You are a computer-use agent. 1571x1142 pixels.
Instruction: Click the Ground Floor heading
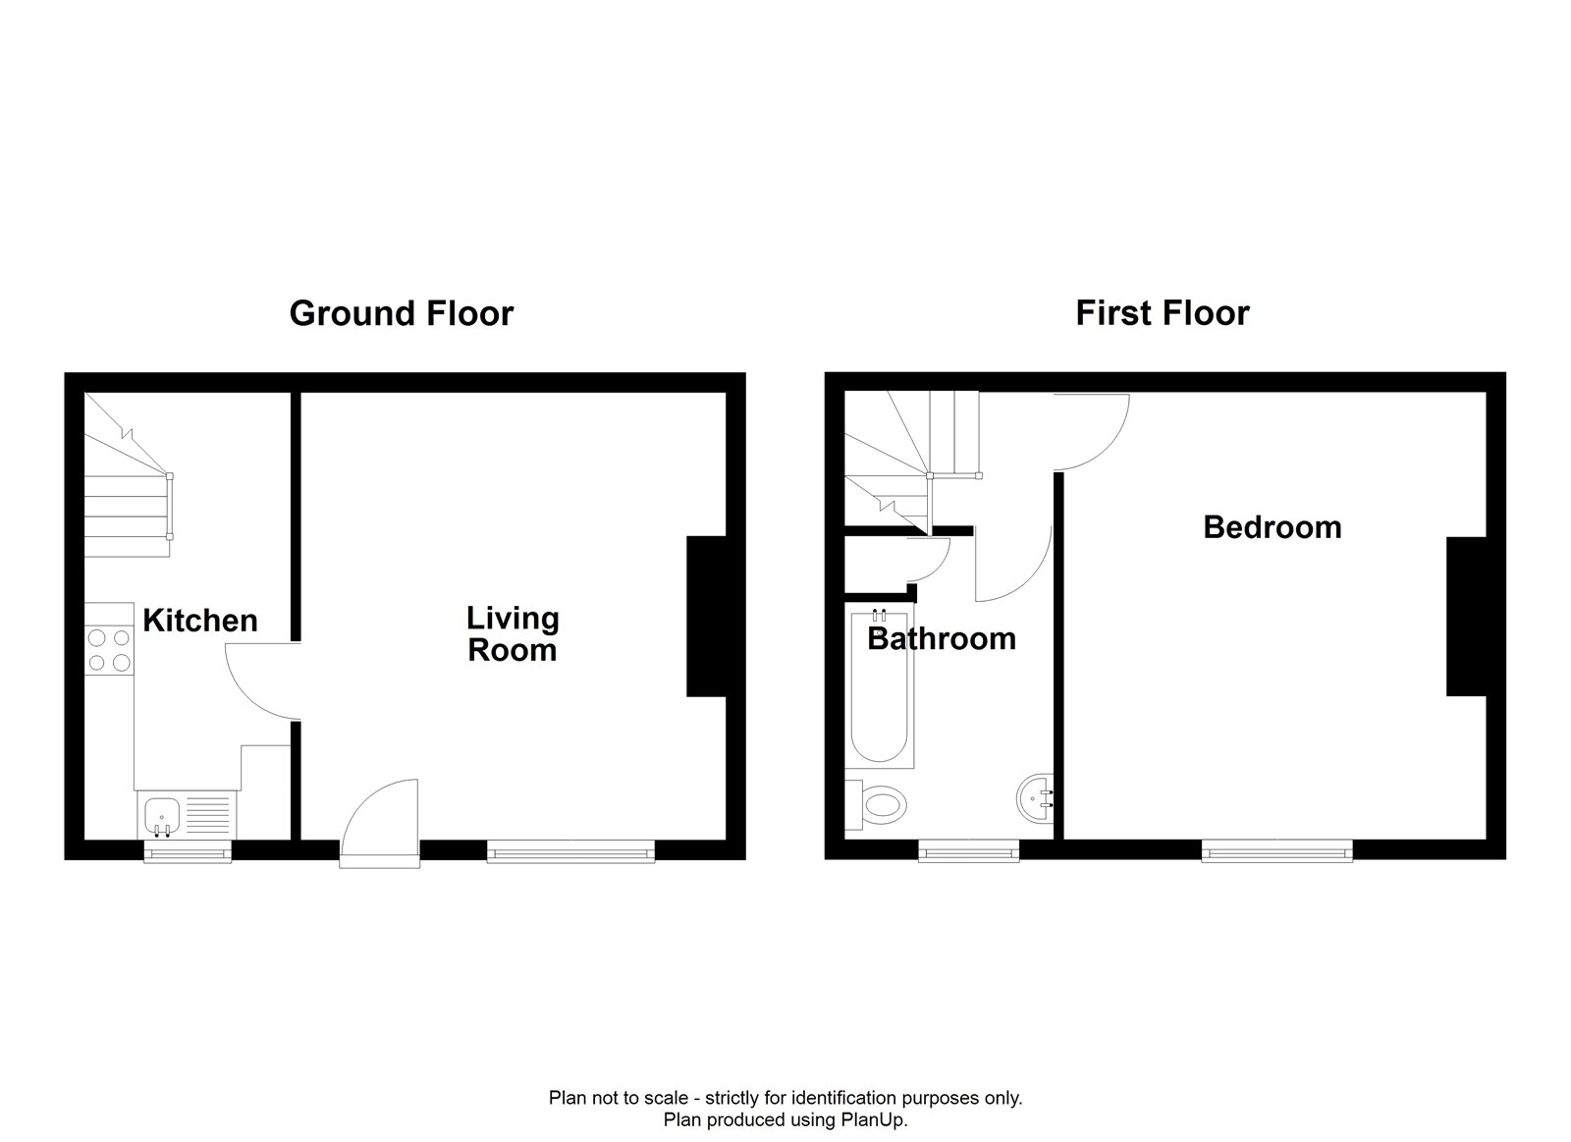point(402,313)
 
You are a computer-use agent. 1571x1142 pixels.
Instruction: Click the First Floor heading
point(1163,313)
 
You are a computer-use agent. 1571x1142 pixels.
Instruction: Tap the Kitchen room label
point(200,621)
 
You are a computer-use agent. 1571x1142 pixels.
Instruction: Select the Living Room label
point(513,634)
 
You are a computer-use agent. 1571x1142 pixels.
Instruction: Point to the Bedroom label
point(1273,527)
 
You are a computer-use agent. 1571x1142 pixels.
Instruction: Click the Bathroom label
point(942,639)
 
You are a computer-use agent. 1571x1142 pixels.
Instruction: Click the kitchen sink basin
point(162,815)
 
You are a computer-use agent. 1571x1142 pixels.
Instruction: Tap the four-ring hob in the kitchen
point(109,650)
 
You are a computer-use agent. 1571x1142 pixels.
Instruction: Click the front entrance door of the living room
point(379,823)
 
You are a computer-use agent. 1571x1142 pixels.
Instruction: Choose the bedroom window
point(1277,852)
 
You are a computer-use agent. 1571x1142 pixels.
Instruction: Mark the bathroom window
point(968,852)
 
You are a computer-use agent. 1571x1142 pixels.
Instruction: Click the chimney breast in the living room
point(706,617)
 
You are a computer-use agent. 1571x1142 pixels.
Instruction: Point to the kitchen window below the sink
point(188,852)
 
